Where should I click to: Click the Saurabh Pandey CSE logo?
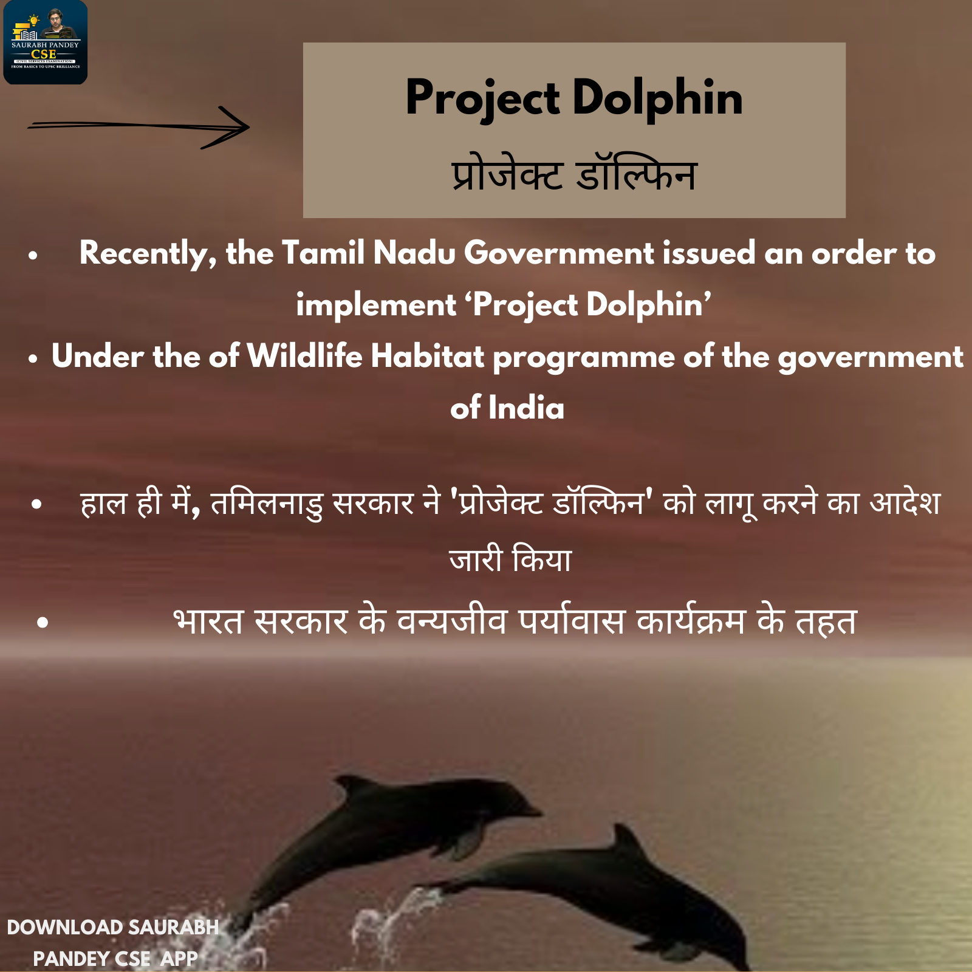[x=46, y=42]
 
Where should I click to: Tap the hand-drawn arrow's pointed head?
[x=248, y=127]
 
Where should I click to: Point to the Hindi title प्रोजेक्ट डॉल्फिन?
[x=574, y=174]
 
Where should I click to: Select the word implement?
[x=376, y=306]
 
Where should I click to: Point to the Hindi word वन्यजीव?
[x=452, y=621]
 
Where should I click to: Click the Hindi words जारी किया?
[x=510, y=559]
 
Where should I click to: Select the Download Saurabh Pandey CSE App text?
[x=113, y=943]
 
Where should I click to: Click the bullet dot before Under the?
[x=33, y=359]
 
